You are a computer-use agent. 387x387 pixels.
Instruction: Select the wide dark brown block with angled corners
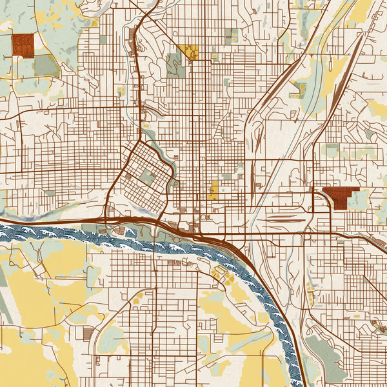click(x=340, y=197)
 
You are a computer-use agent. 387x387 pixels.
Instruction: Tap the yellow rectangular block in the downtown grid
click(x=213, y=190)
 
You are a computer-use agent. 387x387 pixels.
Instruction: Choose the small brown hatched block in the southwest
click(x=88, y=333)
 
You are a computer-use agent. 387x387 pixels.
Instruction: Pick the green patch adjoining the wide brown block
click(x=359, y=199)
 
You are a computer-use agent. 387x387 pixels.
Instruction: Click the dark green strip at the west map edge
click(x=3, y=310)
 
